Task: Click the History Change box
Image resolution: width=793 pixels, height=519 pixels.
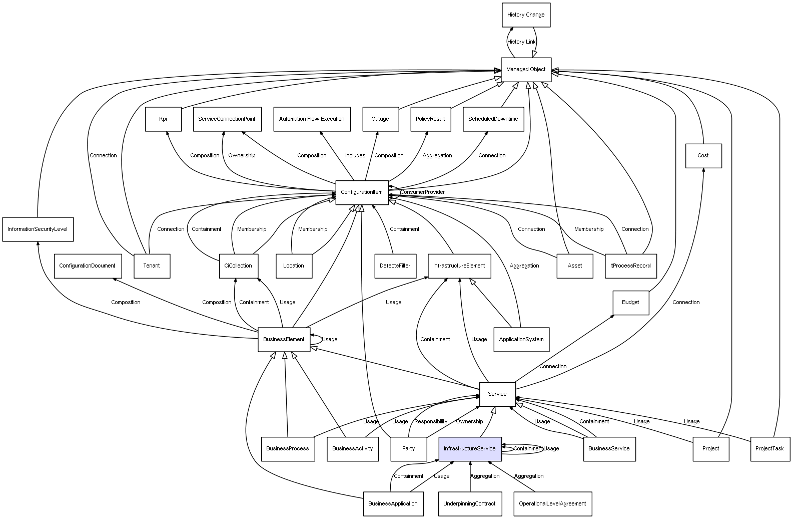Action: (x=526, y=15)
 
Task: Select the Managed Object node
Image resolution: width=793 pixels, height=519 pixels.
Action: (x=526, y=70)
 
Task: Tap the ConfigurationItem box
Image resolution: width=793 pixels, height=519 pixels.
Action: (x=362, y=192)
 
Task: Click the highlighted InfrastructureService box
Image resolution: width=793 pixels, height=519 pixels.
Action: (x=470, y=449)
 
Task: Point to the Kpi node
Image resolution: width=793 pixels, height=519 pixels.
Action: (x=163, y=119)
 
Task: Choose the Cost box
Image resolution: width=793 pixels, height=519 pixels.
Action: (x=703, y=156)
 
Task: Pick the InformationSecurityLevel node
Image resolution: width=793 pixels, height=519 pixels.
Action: (x=38, y=229)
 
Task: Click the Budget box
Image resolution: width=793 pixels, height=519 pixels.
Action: (x=630, y=303)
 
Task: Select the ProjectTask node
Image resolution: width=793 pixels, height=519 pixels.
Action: (x=769, y=449)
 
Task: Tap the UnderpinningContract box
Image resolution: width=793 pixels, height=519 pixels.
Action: (x=469, y=504)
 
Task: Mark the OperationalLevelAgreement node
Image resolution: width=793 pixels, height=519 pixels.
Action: (x=552, y=504)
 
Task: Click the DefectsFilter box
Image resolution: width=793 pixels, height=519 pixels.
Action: (x=395, y=266)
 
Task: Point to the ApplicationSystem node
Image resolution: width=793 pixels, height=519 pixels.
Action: (x=521, y=340)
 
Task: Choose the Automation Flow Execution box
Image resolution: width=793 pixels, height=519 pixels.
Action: (x=312, y=119)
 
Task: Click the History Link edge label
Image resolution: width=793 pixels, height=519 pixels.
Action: (x=521, y=42)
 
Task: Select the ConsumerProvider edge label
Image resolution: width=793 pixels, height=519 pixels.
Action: (x=422, y=192)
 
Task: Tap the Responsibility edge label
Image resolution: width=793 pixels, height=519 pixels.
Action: (x=431, y=422)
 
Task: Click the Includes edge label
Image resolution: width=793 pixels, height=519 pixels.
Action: (x=355, y=156)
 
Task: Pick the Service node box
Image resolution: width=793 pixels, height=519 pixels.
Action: (x=497, y=394)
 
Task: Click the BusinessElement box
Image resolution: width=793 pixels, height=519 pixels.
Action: (x=284, y=340)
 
